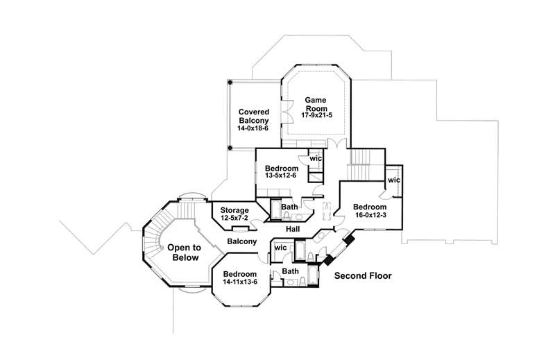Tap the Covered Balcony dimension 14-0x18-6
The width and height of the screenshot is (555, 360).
(x=254, y=129)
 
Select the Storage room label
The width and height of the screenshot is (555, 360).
(x=234, y=210)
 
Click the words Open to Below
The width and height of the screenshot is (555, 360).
(x=184, y=252)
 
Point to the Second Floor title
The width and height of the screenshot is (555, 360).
(x=363, y=276)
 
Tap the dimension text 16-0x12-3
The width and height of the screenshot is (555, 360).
(x=370, y=216)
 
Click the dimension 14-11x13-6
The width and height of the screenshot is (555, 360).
(x=240, y=282)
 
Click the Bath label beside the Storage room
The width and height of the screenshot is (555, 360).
(x=290, y=207)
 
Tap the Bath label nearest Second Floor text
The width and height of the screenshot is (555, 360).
(x=291, y=271)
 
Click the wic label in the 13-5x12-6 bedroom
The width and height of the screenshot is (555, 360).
(x=316, y=159)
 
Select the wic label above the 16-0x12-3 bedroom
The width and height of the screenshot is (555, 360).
(x=393, y=180)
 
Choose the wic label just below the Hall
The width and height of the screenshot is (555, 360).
(x=281, y=248)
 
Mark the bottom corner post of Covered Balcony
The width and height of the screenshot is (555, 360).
(x=230, y=148)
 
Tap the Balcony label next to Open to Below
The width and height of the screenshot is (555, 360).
(x=241, y=241)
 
